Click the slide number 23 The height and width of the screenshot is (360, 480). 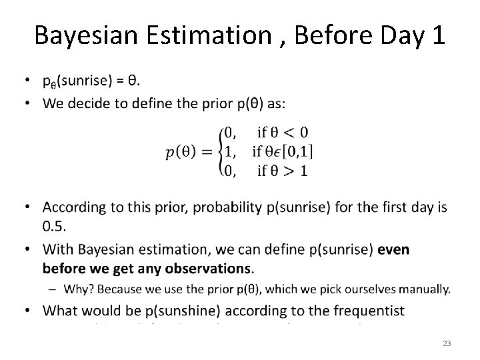point(447,343)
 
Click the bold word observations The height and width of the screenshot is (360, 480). point(207,269)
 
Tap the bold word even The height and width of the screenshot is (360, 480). point(394,250)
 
